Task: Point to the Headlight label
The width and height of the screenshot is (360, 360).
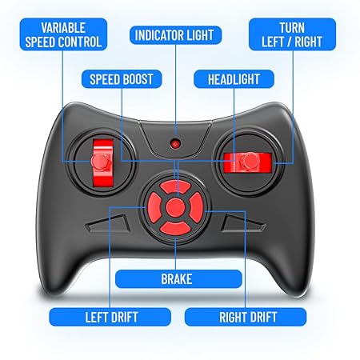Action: (x=233, y=80)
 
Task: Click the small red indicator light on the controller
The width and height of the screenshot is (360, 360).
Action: (x=174, y=144)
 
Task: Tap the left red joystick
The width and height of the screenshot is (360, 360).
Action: (x=101, y=161)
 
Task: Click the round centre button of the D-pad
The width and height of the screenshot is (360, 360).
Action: (x=174, y=208)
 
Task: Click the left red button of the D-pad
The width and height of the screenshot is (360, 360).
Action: (x=154, y=208)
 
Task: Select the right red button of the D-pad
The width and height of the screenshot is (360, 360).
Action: (x=194, y=208)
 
